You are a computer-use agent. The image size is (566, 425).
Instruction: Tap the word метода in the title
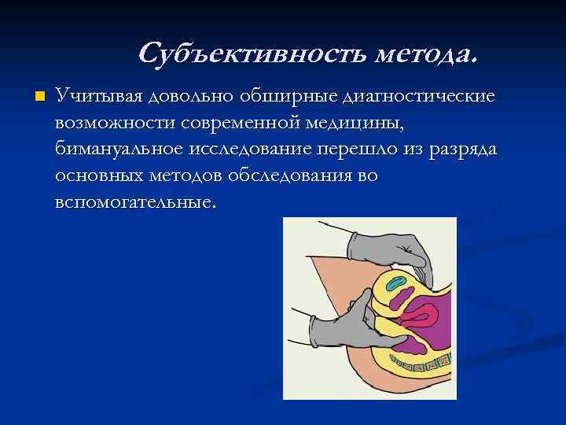[425, 54]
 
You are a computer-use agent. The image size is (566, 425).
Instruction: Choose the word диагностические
[420, 96]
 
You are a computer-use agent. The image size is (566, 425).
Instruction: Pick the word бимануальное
[120, 150]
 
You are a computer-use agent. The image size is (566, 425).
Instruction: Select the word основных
[98, 176]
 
